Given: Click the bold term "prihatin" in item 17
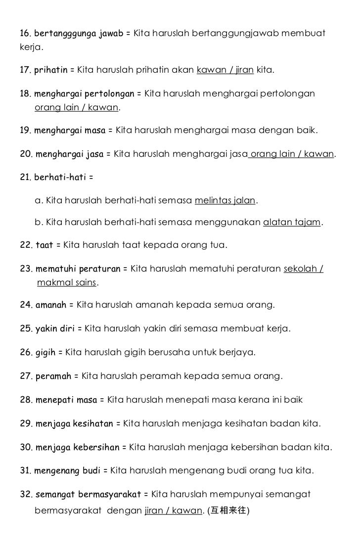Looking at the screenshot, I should pyautogui.click(x=51, y=71).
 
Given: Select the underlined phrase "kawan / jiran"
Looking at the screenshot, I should pyautogui.click(x=225, y=71).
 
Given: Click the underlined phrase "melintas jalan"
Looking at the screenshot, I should pyautogui.click(x=225, y=200).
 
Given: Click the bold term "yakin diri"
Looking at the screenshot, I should pyautogui.click(x=54, y=328).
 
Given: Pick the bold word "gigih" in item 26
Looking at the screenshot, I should pyautogui.click(x=45, y=353).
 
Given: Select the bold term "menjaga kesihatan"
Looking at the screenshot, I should pyautogui.click(x=73, y=424).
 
